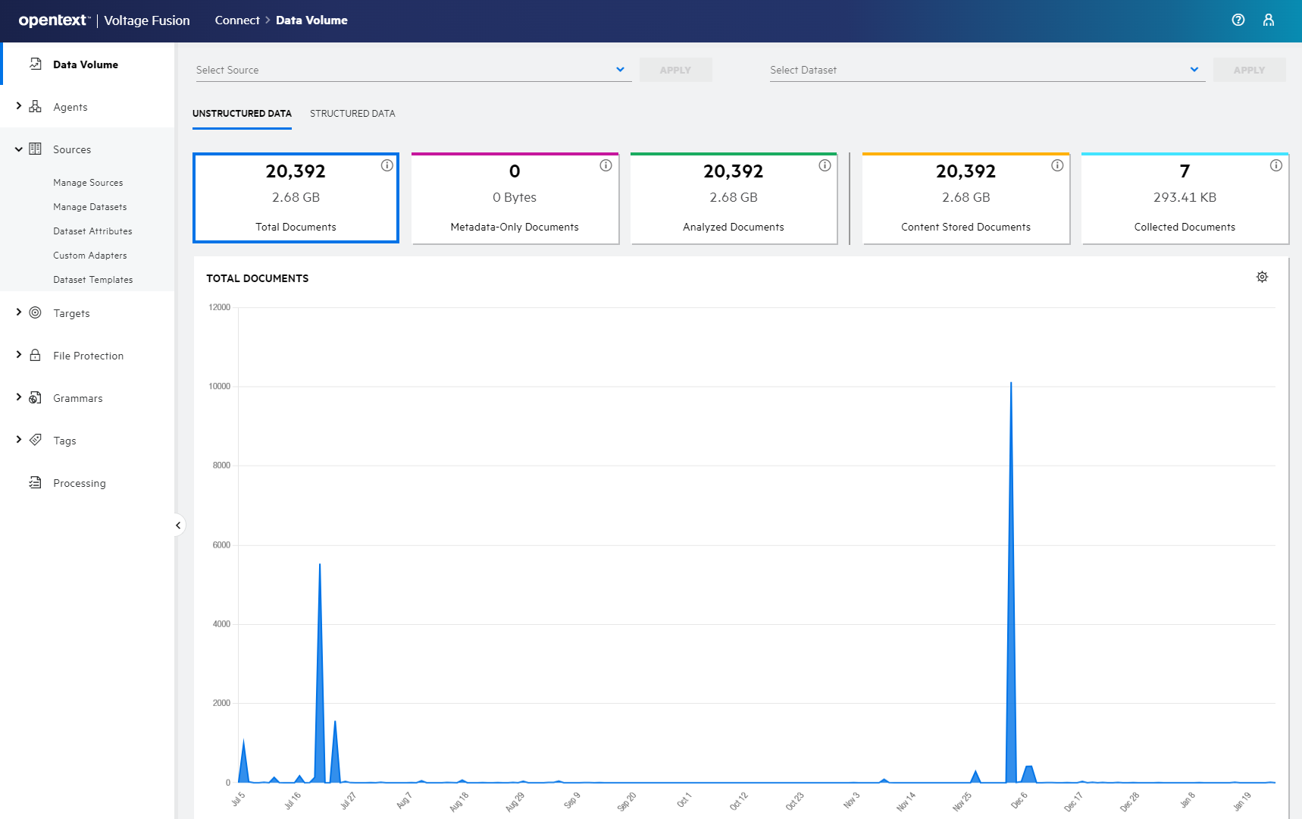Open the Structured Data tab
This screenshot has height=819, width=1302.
coord(352,114)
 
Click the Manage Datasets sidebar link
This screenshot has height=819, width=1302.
coord(89,207)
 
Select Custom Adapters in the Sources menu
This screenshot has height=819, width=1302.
coord(89,256)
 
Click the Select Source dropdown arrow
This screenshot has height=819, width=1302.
coord(620,70)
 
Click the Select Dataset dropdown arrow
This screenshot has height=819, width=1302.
coord(1194,70)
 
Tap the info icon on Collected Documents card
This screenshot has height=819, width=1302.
coord(1276,165)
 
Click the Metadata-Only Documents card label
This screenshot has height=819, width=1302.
coord(514,227)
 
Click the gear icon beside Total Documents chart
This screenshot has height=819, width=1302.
coord(1262,277)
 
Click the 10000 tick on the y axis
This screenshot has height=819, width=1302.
coord(219,387)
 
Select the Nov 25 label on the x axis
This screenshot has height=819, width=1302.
coord(962,801)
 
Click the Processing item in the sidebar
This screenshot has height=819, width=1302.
coord(79,483)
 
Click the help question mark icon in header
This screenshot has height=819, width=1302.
coord(1238,20)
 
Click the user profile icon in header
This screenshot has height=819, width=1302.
coord(1269,20)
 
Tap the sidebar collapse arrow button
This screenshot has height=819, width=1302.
coord(178,525)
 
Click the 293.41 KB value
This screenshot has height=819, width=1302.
coord(1185,197)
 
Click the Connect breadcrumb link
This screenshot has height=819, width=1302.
coord(236,20)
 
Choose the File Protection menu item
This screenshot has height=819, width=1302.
coord(88,356)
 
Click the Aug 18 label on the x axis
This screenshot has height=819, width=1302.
coord(459,801)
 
